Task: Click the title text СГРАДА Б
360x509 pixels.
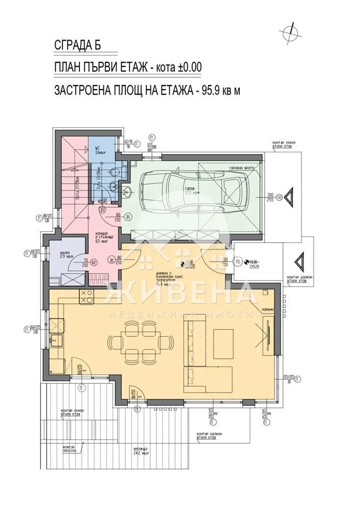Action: [x=78, y=45]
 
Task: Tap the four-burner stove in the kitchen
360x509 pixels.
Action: [x=85, y=296]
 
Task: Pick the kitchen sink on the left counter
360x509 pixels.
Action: [x=56, y=339]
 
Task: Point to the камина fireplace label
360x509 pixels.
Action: [x=268, y=309]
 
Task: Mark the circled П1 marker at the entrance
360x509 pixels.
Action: [x=239, y=263]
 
